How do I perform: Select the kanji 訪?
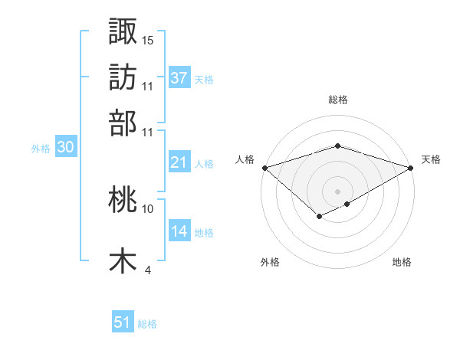tap(123, 77)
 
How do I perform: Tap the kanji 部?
tap(123, 123)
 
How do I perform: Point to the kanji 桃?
tap(123, 200)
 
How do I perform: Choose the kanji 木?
tap(123, 260)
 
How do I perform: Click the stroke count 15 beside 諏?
tap(148, 39)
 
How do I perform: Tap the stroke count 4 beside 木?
tap(148, 269)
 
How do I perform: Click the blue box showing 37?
tap(179, 78)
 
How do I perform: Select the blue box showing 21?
tap(179, 162)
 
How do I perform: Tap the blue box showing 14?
tap(179, 231)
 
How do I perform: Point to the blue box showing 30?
tap(65, 148)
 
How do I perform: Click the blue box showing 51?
tap(123, 322)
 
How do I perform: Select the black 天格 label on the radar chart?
tap(431, 159)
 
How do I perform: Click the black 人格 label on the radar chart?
tap(245, 159)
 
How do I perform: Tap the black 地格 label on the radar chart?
tap(402, 263)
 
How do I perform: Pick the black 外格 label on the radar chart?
tap(270, 263)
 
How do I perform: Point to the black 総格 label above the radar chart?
tap(337, 100)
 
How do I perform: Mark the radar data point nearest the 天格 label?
tap(411, 168)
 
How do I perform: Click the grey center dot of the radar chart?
tap(337, 191)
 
